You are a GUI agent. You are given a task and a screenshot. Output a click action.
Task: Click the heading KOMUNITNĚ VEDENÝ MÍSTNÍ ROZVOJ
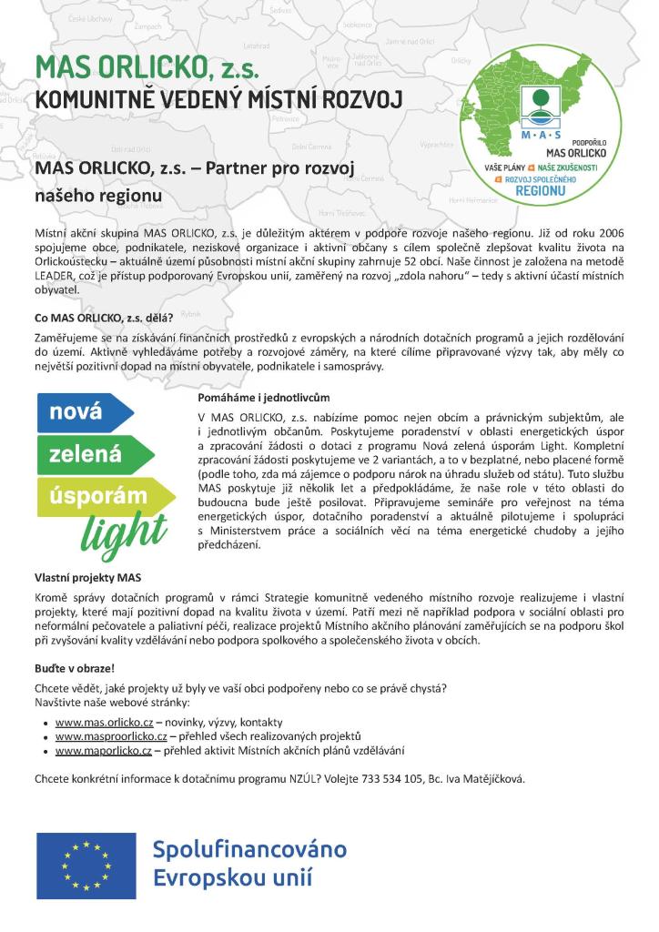coord(218,99)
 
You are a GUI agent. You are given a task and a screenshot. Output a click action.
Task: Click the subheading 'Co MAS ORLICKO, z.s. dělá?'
coord(103,318)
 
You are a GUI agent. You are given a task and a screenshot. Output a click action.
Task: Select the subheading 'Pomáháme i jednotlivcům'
coord(263,398)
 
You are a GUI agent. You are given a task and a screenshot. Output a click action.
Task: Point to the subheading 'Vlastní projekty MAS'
coord(87,578)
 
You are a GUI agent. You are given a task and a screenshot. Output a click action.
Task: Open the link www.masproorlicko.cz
coord(111,735)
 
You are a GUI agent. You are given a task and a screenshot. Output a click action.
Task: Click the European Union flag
coord(86,865)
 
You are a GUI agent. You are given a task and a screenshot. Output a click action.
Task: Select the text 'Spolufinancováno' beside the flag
coord(249,850)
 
